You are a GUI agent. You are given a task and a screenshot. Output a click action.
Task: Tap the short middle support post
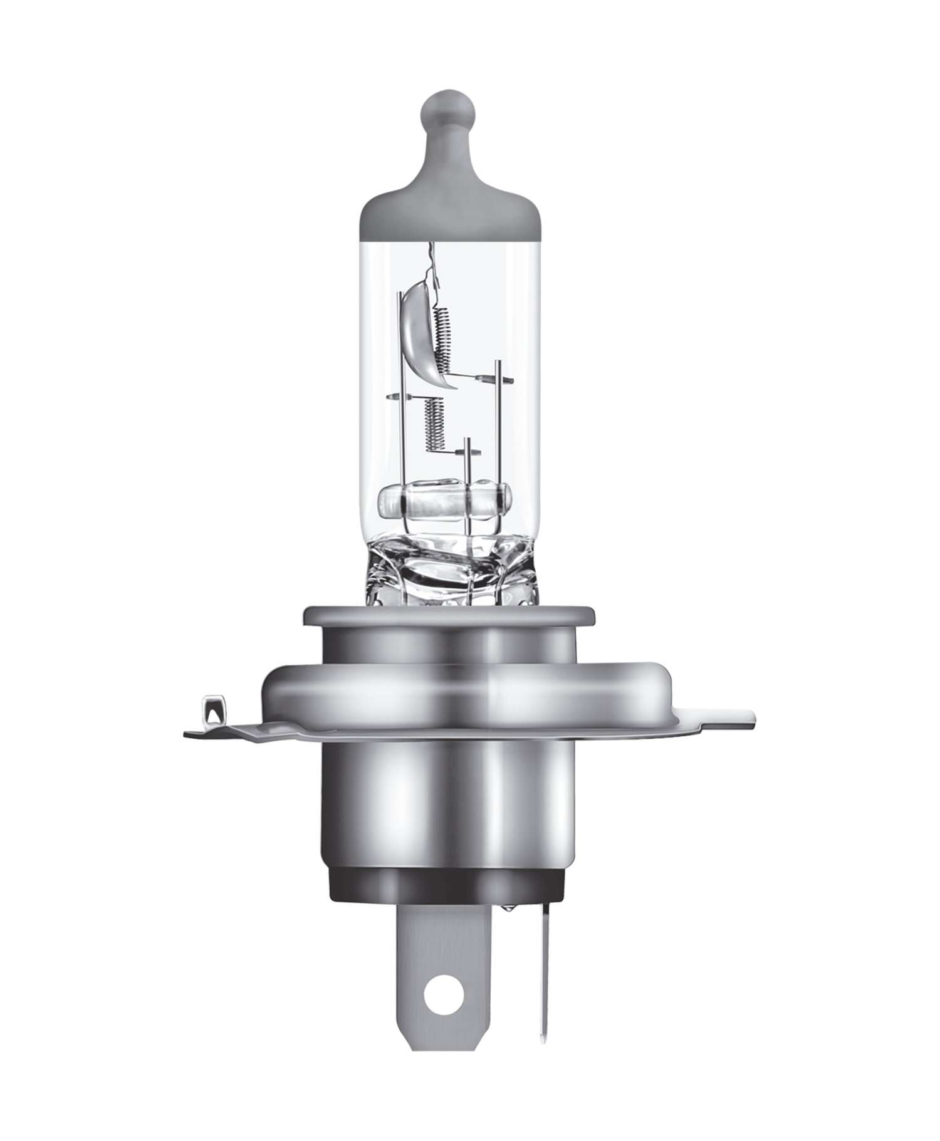pyautogui.click(x=467, y=464)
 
